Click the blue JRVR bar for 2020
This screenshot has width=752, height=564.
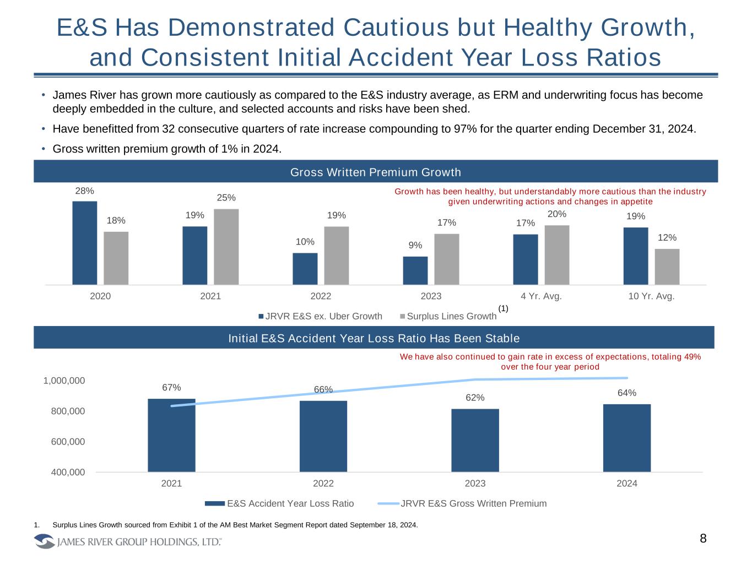84,242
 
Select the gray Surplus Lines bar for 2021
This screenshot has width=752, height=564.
226,246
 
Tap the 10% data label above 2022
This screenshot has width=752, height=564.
305,242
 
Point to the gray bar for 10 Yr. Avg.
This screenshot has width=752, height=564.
667,267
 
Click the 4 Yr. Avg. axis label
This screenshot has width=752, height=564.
541,296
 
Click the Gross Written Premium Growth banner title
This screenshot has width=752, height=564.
375,172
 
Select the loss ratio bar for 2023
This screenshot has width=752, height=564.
475,440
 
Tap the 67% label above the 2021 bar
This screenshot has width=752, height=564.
171,388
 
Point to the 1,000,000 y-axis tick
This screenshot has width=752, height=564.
64,381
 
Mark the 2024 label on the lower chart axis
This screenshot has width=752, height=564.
627,484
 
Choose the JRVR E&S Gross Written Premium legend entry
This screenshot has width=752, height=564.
473,503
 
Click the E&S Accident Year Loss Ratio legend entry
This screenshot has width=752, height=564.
290,503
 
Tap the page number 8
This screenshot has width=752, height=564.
703,539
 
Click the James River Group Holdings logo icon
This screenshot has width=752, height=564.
45,542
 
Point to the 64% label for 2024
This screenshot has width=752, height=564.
627,393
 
